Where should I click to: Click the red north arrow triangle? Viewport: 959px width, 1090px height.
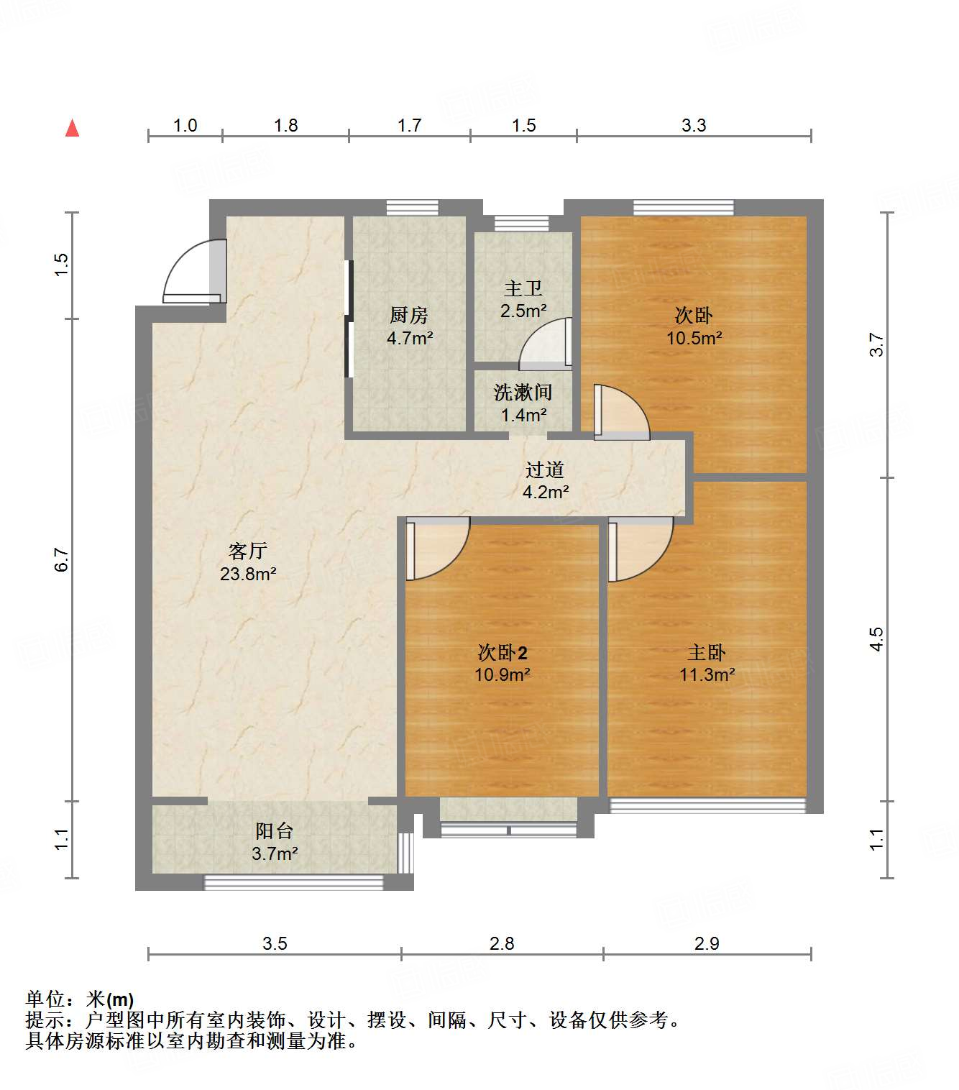click(x=72, y=128)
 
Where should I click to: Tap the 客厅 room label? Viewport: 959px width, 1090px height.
click(x=248, y=551)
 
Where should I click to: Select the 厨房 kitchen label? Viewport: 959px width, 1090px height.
click(x=409, y=315)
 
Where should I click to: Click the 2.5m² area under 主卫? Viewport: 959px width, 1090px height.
click(x=523, y=311)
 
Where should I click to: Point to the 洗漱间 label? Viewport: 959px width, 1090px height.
click(x=523, y=393)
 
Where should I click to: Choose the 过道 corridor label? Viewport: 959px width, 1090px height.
click(x=545, y=470)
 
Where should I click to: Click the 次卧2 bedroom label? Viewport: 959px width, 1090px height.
click(x=503, y=653)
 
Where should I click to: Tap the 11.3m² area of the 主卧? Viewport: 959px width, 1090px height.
click(x=707, y=675)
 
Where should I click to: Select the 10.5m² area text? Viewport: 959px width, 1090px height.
click(x=694, y=338)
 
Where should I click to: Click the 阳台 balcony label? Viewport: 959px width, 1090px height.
click(x=275, y=831)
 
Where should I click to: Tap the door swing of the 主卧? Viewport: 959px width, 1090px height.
click(x=640, y=550)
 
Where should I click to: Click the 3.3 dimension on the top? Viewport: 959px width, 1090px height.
click(x=694, y=125)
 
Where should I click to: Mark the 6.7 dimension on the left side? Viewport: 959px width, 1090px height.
click(x=62, y=559)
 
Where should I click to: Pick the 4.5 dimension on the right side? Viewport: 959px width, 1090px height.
click(x=876, y=638)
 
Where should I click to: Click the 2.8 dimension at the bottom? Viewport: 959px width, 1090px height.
click(x=502, y=943)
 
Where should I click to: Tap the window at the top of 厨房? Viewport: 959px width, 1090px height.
click(x=412, y=207)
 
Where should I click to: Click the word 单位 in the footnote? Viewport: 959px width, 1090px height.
click(x=45, y=999)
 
